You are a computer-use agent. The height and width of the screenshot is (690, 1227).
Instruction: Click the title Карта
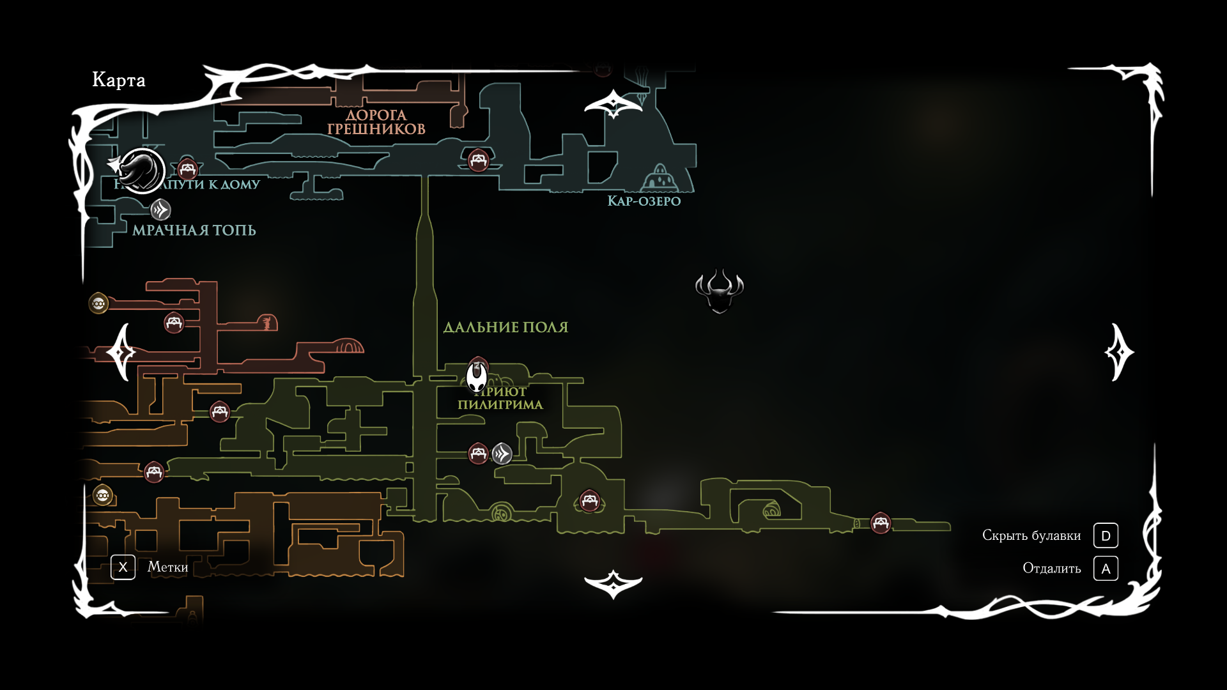119,80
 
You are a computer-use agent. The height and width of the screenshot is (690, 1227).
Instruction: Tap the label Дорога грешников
376,122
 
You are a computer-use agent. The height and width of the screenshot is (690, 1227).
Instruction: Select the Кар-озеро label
644,201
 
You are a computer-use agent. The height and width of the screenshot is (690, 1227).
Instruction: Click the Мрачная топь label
194,230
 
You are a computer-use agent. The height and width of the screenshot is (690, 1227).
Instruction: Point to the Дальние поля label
505,327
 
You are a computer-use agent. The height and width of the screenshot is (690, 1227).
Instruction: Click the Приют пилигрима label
500,399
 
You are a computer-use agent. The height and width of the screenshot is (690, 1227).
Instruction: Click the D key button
1106,535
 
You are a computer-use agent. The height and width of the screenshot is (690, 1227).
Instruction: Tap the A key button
1106,568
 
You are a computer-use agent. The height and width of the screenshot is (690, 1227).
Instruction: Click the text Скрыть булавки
1031,535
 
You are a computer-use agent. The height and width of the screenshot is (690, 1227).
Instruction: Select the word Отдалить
1052,568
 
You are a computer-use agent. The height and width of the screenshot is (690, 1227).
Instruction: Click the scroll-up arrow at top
613,103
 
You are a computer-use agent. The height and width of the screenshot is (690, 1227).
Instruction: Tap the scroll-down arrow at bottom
613,583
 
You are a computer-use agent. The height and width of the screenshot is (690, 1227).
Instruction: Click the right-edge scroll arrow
1119,352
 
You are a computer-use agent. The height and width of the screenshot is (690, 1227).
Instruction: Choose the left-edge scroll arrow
121,352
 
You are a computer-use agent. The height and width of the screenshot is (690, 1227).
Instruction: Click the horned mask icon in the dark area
720,291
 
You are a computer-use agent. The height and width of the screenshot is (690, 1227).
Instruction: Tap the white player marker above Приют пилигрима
477,377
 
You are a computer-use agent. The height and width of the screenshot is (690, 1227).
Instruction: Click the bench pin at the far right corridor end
881,523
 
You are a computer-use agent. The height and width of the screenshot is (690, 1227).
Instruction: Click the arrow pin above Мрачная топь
160,210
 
